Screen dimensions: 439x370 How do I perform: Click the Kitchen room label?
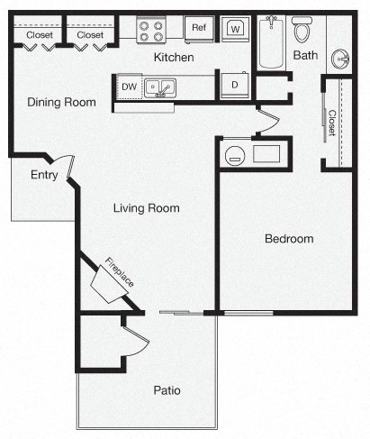tap(174, 58)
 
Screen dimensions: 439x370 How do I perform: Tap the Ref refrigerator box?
tap(198, 29)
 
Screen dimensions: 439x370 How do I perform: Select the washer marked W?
tap(235, 30)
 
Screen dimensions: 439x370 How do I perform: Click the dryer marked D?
tap(234, 86)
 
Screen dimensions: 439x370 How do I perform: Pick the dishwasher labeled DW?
tap(129, 87)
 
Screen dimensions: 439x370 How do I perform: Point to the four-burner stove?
tap(150, 30)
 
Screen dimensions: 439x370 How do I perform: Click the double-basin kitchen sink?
tap(161, 87)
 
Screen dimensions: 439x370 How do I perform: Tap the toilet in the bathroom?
tap(302, 30)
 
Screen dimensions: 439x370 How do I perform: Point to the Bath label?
tap(306, 56)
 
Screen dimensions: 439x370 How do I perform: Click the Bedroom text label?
tap(288, 239)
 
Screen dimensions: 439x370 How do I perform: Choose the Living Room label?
tap(146, 208)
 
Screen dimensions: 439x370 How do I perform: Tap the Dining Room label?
tap(61, 102)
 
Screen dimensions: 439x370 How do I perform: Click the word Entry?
tap(45, 175)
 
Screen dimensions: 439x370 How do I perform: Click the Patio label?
tap(167, 390)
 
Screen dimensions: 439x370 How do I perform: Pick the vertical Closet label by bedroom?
tap(331, 123)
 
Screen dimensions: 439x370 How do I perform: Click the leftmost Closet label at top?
tap(38, 35)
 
